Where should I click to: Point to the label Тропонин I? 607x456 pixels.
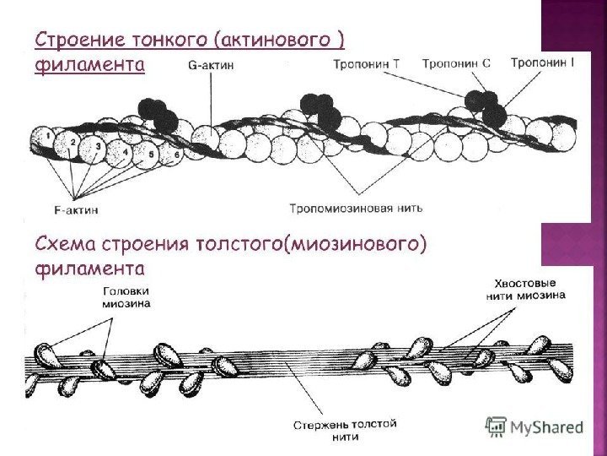(542, 62)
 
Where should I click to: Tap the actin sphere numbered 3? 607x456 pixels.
(99, 146)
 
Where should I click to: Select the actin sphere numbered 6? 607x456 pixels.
(175, 156)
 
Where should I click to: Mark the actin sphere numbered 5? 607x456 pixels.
(150, 155)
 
